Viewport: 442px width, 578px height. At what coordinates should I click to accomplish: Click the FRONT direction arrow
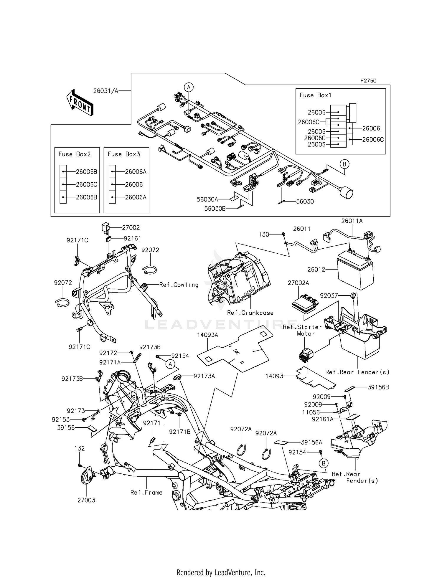[x=80, y=102]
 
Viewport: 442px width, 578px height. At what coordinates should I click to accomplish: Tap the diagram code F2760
[x=368, y=80]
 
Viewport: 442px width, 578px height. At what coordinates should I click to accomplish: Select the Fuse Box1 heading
[x=315, y=95]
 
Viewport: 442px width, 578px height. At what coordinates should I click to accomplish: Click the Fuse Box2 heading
[x=75, y=154]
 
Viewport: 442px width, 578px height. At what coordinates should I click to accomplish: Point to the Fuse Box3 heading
[x=124, y=154]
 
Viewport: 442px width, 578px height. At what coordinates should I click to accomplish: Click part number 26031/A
[x=105, y=91]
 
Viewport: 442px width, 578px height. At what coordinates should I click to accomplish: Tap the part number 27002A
[x=298, y=283]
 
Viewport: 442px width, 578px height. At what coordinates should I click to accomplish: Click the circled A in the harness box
[x=189, y=87]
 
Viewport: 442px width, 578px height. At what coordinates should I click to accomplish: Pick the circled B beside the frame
[x=323, y=463]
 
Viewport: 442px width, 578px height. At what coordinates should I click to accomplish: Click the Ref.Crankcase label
[x=250, y=313]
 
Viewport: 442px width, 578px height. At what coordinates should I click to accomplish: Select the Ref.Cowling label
[x=179, y=285]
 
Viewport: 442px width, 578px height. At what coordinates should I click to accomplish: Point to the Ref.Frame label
[x=146, y=492]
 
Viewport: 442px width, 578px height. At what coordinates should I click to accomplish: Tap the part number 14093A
[x=208, y=335]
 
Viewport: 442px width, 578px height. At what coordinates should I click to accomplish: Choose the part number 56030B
[x=215, y=209]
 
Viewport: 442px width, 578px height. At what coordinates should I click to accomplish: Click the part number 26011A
[x=352, y=221]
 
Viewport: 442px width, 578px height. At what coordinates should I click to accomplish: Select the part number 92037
[x=329, y=295]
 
